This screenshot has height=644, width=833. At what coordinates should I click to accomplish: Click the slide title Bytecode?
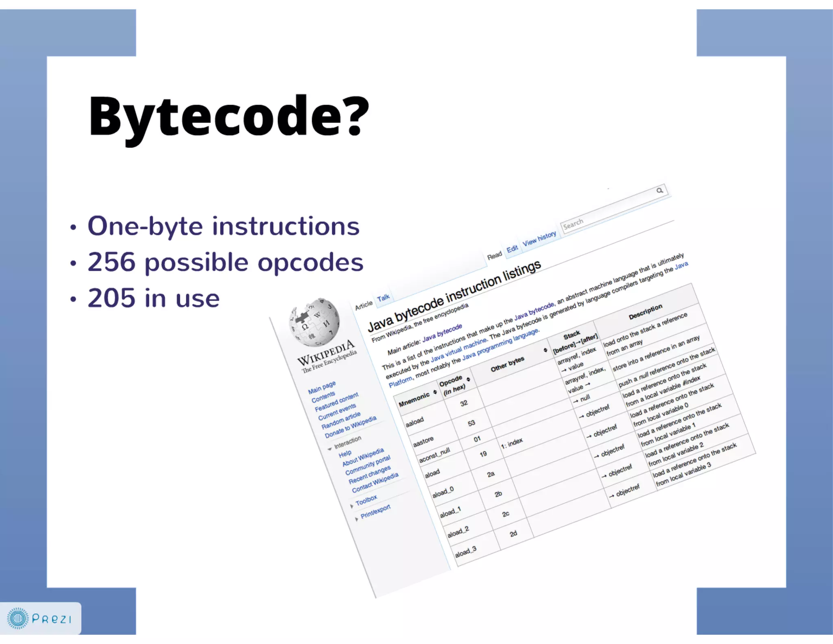229,117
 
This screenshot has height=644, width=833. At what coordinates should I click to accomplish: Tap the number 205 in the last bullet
111,298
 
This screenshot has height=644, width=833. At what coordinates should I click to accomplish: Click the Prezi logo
40,618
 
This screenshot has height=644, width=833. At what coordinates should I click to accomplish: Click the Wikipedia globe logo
314,322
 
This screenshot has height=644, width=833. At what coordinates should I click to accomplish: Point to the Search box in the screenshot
610,212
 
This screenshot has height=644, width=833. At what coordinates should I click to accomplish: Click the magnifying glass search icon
660,191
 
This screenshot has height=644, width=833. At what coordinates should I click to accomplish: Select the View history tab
539,239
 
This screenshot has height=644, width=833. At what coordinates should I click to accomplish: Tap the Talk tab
383,298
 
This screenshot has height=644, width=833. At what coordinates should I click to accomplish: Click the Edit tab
512,249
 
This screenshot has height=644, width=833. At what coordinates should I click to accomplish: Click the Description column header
645,311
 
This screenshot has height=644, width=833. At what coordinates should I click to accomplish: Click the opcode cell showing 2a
491,474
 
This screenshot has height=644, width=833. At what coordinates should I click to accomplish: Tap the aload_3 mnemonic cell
466,552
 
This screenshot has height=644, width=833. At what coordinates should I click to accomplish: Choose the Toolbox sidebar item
366,500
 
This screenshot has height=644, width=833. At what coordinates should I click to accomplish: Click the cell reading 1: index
512,443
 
